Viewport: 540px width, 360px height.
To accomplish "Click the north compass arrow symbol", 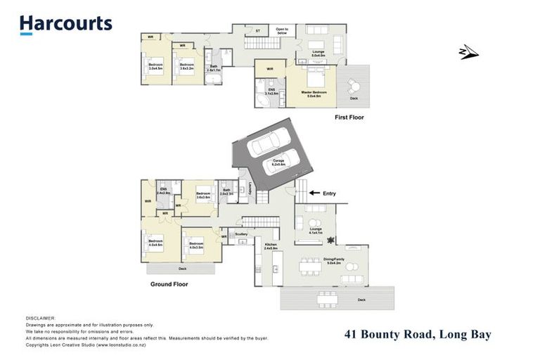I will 468,52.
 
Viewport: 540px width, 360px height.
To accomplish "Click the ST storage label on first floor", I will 258,31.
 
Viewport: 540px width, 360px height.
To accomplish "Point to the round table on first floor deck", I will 354,86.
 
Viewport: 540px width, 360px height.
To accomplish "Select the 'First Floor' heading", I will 349,118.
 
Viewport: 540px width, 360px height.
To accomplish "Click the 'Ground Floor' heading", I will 169,285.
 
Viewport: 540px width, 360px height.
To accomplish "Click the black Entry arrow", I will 311,193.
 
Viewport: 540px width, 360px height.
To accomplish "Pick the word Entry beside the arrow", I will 329,193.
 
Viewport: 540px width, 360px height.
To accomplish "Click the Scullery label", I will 241,234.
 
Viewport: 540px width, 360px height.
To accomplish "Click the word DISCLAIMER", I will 40,319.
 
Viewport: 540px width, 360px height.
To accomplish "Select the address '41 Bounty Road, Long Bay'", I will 418,335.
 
